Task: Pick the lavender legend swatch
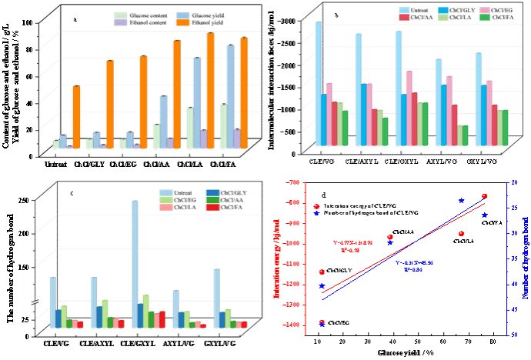pyautogui.click(x=120, y=23)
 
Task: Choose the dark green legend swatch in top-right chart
pyautogui.click(x=485, y=16)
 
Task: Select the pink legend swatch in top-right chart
pyautogui.click(x=485, y=9)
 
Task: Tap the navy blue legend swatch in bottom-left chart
pyautogui.click(x=212, y=192)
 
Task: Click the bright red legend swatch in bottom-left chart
pyautogui.click(x=212, y=207)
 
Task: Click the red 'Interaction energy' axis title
pyautogui.click(x=276, y=254)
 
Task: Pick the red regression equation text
pyautogui.click(x=352, y=246)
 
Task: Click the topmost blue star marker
pyautogui.click(x=462, y=201)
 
